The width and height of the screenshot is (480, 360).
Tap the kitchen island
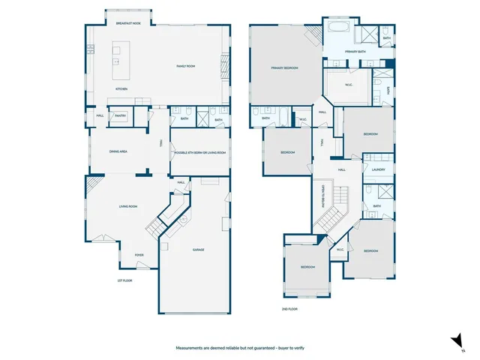click(x=118, y=57)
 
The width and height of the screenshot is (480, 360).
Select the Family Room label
click(x=185, y=67)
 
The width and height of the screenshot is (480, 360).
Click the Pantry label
click(x=120, y=115)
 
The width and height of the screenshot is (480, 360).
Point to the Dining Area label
click(x=118, y=151)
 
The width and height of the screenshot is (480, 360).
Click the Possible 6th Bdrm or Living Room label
click(x=199, y=152)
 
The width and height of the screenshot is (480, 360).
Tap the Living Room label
click(x=127, y=206)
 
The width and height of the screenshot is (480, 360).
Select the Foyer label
click(x=139, y=255)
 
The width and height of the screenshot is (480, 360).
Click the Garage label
click(x=198, y=250)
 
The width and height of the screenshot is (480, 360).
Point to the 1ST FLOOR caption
click(x=124, y=280)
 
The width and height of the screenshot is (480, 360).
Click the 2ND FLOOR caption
click(x=289, y=308)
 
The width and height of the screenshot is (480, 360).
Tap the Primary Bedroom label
click(x=284, y=68)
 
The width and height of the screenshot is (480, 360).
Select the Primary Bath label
click(x=355, y=51)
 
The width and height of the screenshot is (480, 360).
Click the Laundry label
click(x=378, y=169)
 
